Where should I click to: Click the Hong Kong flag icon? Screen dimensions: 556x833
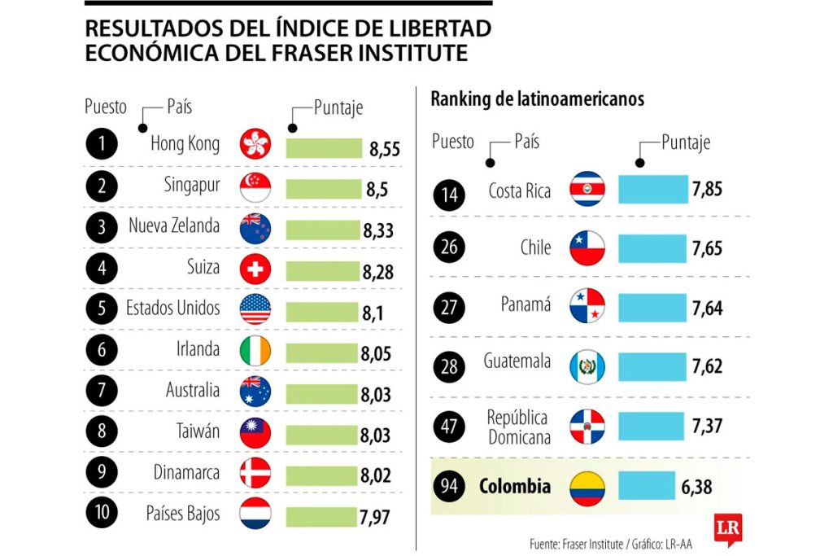(x=255, y=145)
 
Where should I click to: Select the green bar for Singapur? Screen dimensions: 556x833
(x=323, y=188)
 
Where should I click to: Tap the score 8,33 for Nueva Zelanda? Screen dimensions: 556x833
(x=378, y=230)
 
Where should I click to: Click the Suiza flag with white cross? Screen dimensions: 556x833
(x=255, y=269)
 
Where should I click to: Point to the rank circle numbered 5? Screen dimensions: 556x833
(x=102, y=309)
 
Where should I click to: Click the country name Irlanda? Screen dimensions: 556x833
(x=198, y=349)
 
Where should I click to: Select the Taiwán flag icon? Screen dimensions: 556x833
(x=255, y=431)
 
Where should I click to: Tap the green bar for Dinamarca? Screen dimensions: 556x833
(x=323, y=474)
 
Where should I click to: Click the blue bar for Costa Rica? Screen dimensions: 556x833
(x=652, y=190)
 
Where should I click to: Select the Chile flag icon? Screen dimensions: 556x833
(x=587, y=248)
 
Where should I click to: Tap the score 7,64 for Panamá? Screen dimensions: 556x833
(x=707, y=309)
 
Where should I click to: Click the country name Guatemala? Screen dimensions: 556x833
(x=517, y=361)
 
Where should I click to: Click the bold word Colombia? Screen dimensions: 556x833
(x=514, y=487)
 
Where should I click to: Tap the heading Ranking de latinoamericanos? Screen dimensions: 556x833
(x=537, y=99)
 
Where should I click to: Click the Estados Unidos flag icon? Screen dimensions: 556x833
(x=255, y=309)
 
